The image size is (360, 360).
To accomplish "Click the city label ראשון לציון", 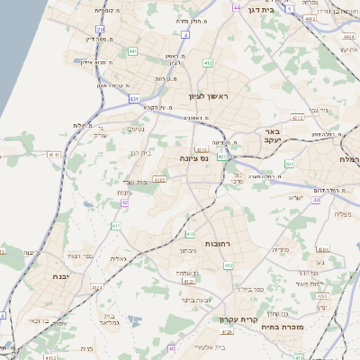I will [210, 96].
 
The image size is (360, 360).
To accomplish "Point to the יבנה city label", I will [62, 276].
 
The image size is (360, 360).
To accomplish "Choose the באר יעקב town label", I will [274, 137].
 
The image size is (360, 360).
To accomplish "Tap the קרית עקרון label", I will [238, 319].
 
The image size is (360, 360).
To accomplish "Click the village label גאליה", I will [117, 258].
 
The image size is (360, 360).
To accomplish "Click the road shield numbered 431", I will [134, 97].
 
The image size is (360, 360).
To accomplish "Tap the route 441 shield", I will [133, 52].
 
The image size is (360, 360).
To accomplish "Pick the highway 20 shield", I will [100, 31].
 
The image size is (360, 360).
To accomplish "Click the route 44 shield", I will [237, 7].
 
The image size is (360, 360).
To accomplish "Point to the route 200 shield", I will [289, 165].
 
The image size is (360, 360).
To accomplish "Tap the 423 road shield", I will [221, 157].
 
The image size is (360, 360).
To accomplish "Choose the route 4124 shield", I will [188, 282].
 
